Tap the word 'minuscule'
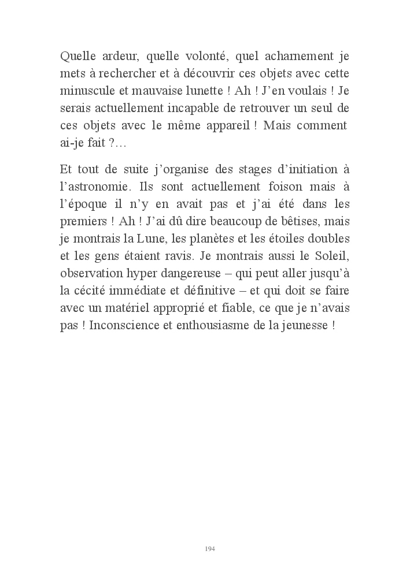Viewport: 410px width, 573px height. click(86, 91)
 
